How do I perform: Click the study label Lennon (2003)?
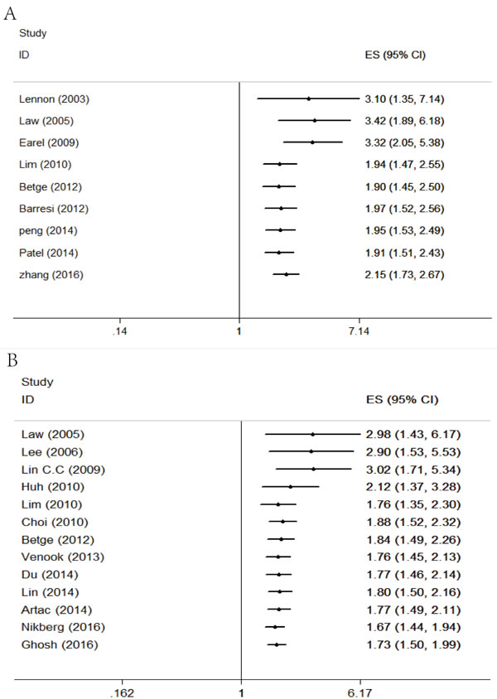tap(54, 99)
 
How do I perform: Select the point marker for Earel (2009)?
tap(312, 142)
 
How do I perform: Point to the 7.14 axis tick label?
tap(359, 331)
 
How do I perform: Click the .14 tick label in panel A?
tap(119, 331)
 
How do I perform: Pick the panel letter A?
tap(10, 13)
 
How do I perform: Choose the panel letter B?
tap(12, 359)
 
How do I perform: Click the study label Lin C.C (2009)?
tap(63, 470)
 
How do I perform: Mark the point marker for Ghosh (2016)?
tap(277, 644)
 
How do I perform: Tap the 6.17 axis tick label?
tap(359, 693)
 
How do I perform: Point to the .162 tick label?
tap(122, 693)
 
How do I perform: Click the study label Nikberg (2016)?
tap(63, 627)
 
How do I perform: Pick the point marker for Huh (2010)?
tap(291, 487)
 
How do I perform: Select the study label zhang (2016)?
tap(51, 275)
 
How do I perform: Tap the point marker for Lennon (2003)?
tap(308, 99)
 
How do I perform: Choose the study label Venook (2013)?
tap(62, 557)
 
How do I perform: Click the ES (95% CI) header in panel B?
tap(402, 399)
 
